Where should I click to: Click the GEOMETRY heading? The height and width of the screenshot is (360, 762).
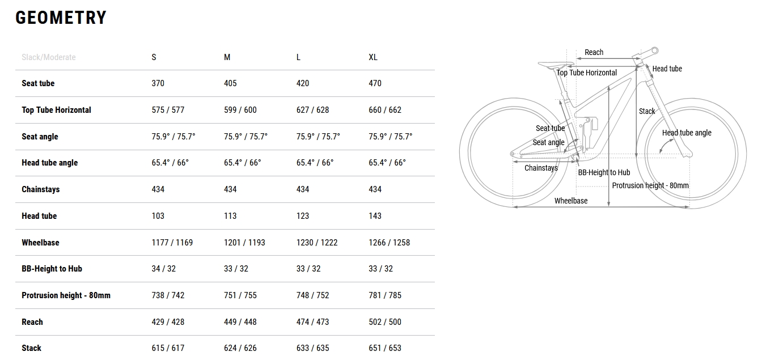61,18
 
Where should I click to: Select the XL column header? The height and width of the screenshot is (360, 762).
373,57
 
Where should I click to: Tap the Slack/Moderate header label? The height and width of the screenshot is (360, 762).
49,57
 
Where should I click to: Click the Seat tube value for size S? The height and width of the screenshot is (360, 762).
158,83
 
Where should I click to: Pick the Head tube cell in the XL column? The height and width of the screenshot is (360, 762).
375,216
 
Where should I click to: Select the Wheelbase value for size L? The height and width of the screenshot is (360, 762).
317,243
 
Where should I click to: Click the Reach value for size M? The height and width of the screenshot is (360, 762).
240,322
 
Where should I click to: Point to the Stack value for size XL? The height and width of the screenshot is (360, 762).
385,348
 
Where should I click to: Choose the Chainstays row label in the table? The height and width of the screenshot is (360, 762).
40,189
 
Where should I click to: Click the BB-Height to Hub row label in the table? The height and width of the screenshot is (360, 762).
52,269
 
